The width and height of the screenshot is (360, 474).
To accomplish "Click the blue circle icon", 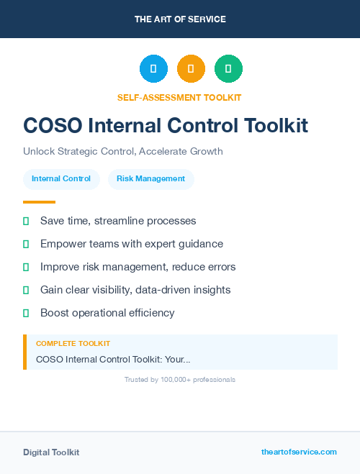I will pyautogui.click(x=153, y=69).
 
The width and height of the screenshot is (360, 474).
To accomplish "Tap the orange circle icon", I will pyautogui.click(x=191, y=69).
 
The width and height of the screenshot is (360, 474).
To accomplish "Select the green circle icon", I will pyautogui.click(x=228, y=69).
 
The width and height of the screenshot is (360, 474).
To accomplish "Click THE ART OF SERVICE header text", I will pyautogui.click(x=180, y=19).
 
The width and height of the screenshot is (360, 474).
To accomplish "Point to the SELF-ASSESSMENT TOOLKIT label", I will pyautogui.click(x=179, y=97).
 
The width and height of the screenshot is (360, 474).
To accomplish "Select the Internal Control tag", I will pyautogui.click(x=61, y=179).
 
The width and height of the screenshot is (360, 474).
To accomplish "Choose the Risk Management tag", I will pyautogui.click(x=150, y=179).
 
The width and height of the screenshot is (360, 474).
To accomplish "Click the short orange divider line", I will pyautogui.click(x=39, y=202).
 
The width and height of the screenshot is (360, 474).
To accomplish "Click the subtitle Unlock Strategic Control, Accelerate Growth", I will pyautogui.click(x=123, y=152).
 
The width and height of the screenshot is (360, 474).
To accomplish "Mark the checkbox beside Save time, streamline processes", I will pyautogui.click(x=26, y=221).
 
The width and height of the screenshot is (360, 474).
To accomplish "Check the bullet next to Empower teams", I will pyautogui.click(x=26, y=244).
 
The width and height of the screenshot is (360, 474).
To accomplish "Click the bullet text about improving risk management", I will pyautogui.click(x=138, y=267).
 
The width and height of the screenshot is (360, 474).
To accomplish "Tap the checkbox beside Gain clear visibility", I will pyautogui.click(x=26, y=290).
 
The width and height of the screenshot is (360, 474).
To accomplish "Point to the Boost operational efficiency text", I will pyautogui.click(x=107, y=313).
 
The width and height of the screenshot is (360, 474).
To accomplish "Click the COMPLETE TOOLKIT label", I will pyautogui.click(x=73, y=344).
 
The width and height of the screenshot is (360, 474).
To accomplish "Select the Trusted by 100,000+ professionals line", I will pyautogui.click(x=180, y=379).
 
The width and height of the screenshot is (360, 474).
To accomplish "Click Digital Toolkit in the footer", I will pyautogui.click(x=51, y=452).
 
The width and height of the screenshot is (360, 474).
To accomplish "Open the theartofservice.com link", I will pyautogui.click(x=299, y=452).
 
